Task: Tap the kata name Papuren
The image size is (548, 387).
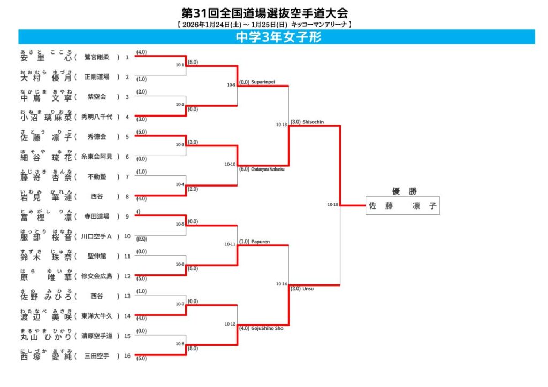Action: coord(260,242)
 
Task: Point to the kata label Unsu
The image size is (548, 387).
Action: coord(308,288)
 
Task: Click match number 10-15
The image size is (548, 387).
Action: coord(333,204)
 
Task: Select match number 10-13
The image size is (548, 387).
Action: coord(281,125)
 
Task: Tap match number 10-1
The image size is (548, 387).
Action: coord(180,65)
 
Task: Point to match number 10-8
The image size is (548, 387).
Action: coord(180,344)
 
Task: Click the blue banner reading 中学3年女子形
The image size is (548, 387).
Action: coord(277,37)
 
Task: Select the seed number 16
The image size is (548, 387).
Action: coord(127,355)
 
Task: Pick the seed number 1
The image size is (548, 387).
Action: coord(127,57)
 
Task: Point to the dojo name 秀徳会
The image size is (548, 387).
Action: coord(98,137)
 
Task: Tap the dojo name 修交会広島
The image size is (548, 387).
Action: coord(97,276)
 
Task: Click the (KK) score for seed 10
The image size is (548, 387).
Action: coord(142,238)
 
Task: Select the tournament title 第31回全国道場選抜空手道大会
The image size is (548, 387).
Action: coord(268,13)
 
